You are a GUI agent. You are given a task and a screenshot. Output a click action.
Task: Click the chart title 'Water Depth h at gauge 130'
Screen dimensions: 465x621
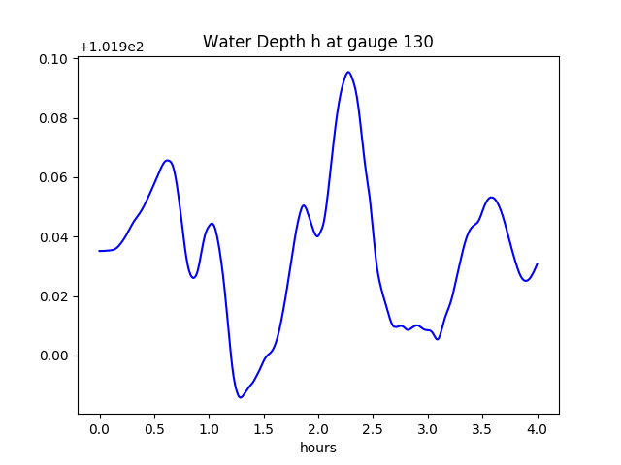coord(317,42)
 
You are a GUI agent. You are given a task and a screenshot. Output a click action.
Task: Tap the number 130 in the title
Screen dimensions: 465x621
coord(418,42)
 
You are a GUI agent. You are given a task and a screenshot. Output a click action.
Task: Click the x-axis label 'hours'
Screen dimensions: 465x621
coord(317,448)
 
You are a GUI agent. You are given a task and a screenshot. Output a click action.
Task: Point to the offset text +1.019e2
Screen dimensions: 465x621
coord(112,46)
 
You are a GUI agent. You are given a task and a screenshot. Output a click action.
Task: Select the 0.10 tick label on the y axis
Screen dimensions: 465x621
coord(53,59)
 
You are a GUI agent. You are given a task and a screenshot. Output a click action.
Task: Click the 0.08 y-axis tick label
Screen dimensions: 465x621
coord(53,118)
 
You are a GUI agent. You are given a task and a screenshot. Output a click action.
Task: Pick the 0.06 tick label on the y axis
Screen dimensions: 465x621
coord(53,177)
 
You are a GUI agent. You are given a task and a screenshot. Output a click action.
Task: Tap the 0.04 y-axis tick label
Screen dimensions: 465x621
coord(53,237)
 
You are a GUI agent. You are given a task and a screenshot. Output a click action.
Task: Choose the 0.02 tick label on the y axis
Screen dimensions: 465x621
coord(53,296)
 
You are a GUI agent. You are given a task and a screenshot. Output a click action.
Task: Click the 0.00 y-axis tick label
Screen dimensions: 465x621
coord(53,356)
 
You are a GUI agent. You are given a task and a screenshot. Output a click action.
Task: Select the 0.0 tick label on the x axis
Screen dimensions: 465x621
coord(99,428)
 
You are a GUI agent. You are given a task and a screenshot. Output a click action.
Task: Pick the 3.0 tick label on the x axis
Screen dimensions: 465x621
coord(428,428)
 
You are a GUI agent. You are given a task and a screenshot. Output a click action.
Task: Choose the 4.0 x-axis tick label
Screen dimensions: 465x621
coord(537,428)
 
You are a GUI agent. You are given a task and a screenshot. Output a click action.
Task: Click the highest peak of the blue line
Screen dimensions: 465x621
coord(348,72)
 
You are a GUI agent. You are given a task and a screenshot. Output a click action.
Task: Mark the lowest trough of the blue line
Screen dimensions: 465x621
coord(241,397)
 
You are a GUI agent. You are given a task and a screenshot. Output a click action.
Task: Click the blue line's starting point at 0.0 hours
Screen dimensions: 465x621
coord(99,251)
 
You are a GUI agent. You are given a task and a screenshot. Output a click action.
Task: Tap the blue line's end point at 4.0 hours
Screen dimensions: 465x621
coord(537,264)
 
